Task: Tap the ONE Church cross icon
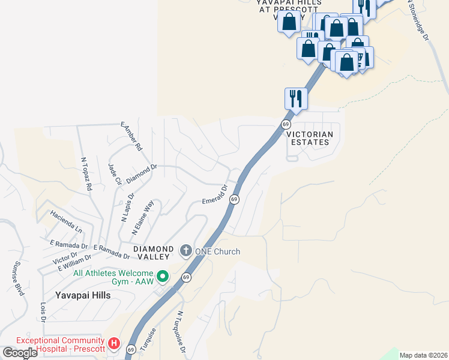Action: [186, 250]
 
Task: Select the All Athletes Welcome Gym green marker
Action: [162, 277]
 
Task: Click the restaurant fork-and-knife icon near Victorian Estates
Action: [296, 98]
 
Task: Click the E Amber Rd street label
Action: [131, 136]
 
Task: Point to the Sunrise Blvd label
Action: [19, 279]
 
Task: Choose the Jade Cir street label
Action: [115, 174]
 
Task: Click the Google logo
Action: [20, 352]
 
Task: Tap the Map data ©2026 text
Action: [423, 355]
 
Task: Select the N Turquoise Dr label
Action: [181, 331]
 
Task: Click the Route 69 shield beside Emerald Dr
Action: [235, 199]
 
